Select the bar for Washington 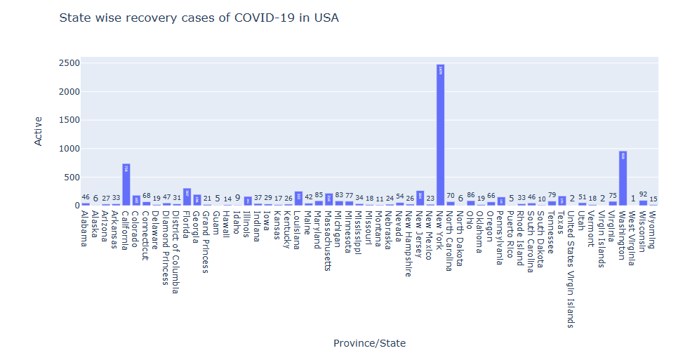pos(623,178)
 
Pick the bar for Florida pos(187,197)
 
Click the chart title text pos(199,18)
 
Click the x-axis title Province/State pos(369,343)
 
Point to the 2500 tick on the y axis pos(69,63)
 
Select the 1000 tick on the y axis pos(69,149)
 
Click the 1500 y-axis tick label pos(69,120)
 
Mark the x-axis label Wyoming pos(653,229)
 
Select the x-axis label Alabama pos(85,229)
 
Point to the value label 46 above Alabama pos(86,198)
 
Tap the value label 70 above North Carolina pos(451,196)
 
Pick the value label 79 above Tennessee pos(552,196)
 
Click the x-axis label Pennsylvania pos(500,237)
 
